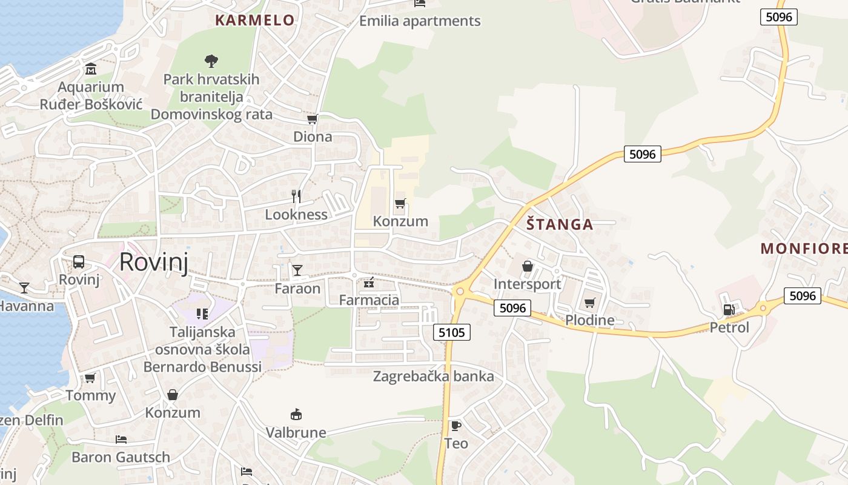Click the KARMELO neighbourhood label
(255, 20)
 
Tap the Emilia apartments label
(420, 21)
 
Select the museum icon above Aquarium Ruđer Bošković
(91, 69)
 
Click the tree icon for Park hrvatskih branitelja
(211, 61)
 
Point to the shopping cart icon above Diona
(313, 119)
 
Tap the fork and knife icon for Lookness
(296, 196)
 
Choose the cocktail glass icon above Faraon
(297, 270)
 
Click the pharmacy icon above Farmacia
(369, 282)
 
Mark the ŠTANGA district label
(560, 225)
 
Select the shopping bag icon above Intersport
(528, 266)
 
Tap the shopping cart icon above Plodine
(590, 303)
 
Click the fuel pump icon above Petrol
(729, 309)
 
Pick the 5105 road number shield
(452, 332)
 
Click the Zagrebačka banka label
(433, 376)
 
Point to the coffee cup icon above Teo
(455, 426)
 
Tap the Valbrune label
(296, 433)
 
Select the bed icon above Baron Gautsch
(121, 439)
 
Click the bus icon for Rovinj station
(79, 262)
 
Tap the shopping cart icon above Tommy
(90, 378)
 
